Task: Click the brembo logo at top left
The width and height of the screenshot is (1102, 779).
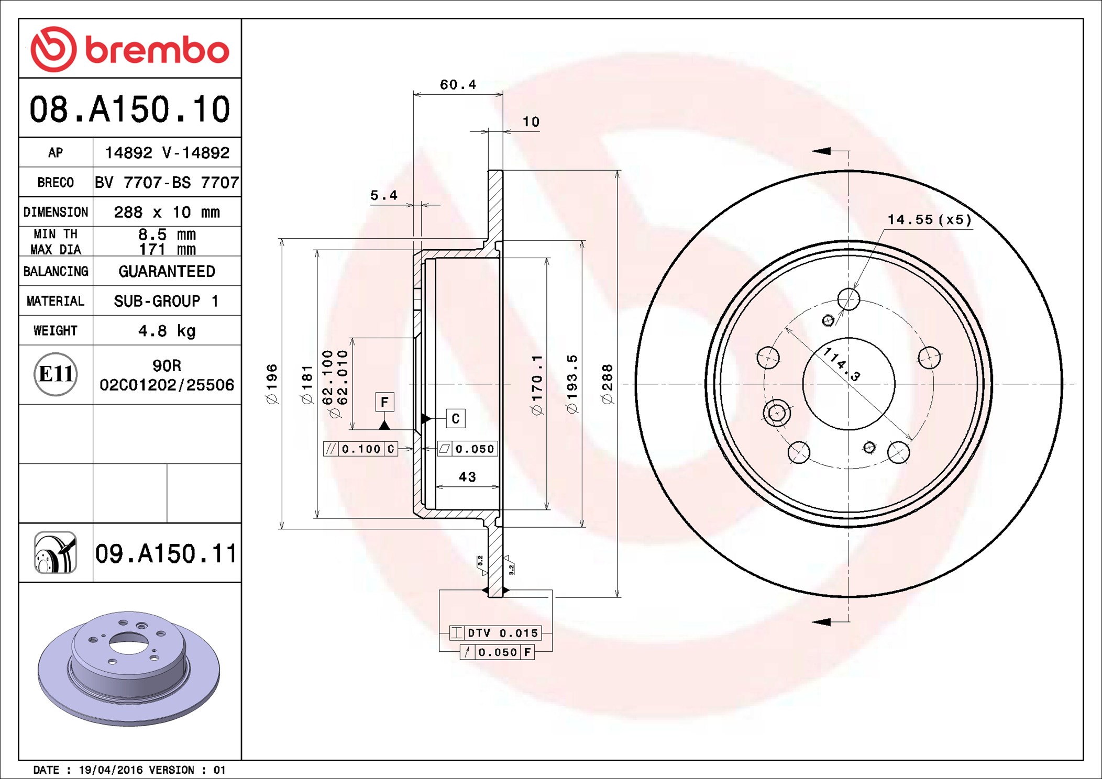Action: point(129,49)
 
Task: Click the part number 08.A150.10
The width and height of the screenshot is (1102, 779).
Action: point(129,109)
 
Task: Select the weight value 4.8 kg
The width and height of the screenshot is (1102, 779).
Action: point(167,331)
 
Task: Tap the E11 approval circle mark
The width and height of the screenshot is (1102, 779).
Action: point(56,374)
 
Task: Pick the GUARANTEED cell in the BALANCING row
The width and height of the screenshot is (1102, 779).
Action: point(167,271)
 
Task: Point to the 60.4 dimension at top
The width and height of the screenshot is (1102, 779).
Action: point(458,85)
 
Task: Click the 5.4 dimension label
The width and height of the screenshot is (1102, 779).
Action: point(384,196)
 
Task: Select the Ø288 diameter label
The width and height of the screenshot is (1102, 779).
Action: point(607,385)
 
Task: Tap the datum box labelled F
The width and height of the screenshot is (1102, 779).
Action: point(384,402)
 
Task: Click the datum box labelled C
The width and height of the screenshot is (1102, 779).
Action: point(456,418)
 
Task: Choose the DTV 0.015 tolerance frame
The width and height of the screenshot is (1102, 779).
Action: point(495,633)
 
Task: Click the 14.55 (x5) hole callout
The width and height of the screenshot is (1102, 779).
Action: point(929,220)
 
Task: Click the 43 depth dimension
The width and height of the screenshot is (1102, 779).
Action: point(467,477)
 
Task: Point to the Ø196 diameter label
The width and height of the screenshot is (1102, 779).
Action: point(272,385)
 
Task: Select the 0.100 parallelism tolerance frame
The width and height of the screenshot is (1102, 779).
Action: point(361,449)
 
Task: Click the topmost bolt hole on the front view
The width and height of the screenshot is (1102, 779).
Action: point(848,299)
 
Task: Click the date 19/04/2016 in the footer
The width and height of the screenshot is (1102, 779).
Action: point(111,770)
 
